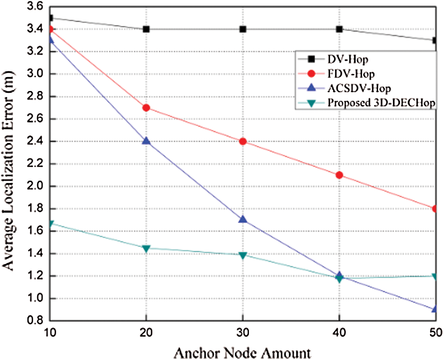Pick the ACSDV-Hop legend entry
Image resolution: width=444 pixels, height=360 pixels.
point(353,87)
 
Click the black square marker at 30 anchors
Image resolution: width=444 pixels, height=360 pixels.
point(243,29)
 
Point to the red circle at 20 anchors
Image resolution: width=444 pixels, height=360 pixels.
point(146,108)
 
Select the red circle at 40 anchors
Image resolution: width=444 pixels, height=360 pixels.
point(340,175)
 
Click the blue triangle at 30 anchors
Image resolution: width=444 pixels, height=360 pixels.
point(243,219)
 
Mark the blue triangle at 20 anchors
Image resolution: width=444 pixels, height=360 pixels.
point(146,141)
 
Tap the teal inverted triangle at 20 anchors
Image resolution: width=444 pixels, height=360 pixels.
point(146,248)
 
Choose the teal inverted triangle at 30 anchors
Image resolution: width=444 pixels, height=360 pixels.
point(243,256)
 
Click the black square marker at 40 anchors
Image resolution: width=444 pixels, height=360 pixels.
point(340,29)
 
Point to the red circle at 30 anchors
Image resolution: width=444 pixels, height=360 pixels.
point(243,141)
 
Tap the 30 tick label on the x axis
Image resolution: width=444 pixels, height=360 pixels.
point(243,333)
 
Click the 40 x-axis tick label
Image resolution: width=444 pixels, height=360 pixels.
point(340,333)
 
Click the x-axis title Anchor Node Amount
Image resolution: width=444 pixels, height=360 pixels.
point(243,351)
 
